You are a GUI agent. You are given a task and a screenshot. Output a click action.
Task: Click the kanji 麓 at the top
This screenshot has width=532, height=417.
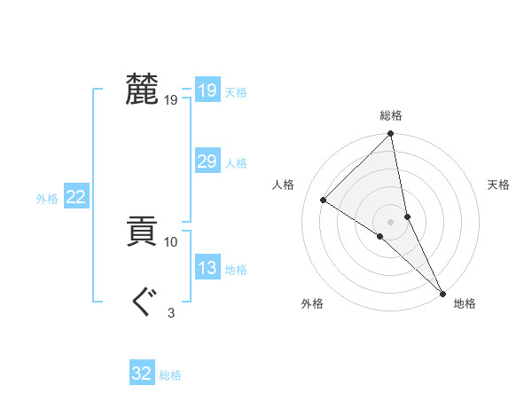142,90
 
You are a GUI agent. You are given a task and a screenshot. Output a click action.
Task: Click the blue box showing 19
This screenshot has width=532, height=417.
207,90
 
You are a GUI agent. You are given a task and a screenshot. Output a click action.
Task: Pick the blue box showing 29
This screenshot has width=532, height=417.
207,161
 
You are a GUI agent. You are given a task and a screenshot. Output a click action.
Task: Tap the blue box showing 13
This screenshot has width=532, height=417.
207,268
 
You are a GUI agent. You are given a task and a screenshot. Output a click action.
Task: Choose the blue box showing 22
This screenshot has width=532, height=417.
75,197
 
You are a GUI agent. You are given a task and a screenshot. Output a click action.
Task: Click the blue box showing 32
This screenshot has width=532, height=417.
142,374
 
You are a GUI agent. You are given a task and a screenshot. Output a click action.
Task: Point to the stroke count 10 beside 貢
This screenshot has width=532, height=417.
171,241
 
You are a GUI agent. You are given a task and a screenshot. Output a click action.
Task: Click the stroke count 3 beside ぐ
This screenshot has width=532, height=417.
171,312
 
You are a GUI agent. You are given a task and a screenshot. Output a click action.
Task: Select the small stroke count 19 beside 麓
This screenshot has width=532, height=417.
171,100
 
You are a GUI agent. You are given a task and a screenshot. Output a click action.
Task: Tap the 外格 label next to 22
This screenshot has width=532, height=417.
47,199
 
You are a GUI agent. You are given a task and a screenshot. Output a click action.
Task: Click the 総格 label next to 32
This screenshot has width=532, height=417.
170,375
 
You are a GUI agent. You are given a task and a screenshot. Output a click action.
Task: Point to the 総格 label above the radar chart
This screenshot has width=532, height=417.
391,115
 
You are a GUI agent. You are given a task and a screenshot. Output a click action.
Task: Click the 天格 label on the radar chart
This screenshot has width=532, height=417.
498,185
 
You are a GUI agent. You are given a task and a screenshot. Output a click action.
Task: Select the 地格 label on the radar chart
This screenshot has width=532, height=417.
465,303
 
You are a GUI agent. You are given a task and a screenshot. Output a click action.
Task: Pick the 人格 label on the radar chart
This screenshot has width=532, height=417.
284,185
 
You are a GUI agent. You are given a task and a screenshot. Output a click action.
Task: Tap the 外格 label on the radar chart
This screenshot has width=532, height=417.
312,303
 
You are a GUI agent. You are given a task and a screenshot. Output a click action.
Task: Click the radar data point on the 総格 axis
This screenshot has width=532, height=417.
391,135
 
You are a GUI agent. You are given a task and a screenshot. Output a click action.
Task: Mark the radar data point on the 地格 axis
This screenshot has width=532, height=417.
442,292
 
